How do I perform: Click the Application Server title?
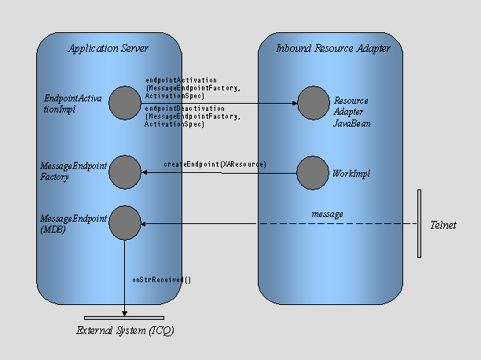pyautogui.click(x=108, y=49)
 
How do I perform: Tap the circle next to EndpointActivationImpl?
pyautogui.click(x=124, y=103)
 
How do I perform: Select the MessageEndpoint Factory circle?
pyautogui.click(x=124, y=171)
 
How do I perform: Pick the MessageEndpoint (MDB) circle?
pyautogui.click(x=124, y=223)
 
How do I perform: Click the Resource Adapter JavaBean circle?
pyautogui.click(x=312, y=103)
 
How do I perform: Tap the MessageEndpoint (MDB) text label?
pyautogui.click(x=73, y=223)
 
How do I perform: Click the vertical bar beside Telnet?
pyautogui.click(x=420, y=223)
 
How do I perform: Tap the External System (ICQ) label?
pyautogui.click(x=125, y=331)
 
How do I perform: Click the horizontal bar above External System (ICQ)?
pyautogui.click(x=124, y=318)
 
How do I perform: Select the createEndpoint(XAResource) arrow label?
pyautogui.click(x=215, y=163)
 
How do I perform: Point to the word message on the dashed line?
pyautogui.click(x=327, y=213)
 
